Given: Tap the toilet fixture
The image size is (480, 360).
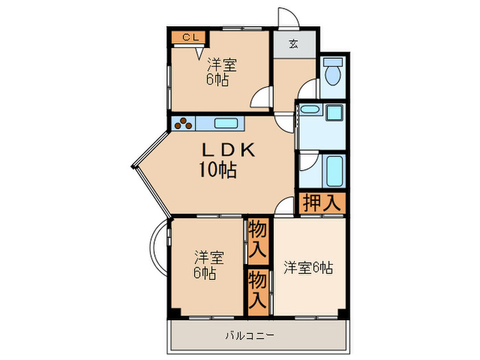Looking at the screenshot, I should [x=333, y=70].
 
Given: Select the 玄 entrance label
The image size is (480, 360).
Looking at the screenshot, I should [x=293, y=45].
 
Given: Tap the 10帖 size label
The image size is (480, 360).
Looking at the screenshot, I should [x=218, y=171].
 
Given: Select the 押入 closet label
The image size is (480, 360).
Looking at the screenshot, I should [x=321, y=203].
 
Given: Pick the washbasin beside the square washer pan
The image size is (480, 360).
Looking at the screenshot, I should [x=310, y=112].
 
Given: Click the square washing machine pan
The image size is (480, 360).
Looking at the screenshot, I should [x=335, y=113].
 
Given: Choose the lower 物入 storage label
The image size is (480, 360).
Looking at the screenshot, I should [x=258, y=289].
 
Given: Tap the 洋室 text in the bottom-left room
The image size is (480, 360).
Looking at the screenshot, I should [x=208, y=259].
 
